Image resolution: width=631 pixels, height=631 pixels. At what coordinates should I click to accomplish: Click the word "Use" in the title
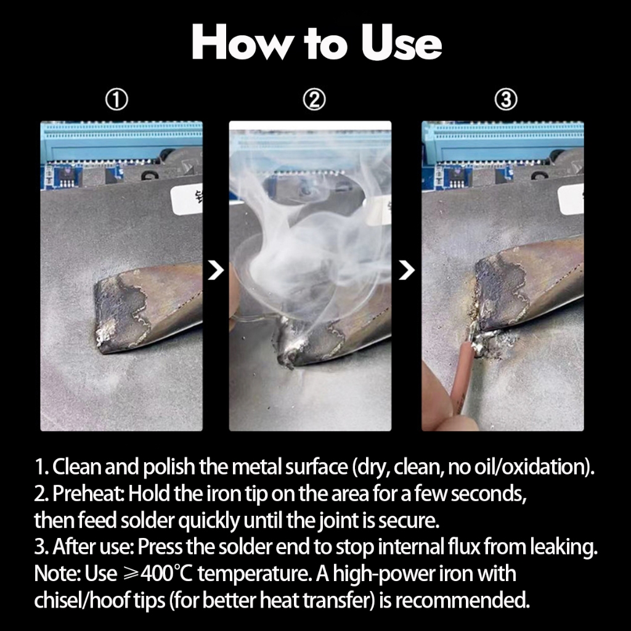point(401,43)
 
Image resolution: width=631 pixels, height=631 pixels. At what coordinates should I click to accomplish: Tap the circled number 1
point(116,100)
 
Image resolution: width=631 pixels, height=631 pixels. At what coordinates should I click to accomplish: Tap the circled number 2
point(314,100)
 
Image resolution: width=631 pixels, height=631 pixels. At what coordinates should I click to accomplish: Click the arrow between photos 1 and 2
point(216,270)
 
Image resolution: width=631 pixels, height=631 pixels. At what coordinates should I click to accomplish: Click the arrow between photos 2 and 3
point(407,270)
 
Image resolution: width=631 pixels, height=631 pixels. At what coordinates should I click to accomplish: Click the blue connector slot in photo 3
point(503,141)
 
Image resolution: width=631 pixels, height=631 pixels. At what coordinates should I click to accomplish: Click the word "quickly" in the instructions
point(209,520)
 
